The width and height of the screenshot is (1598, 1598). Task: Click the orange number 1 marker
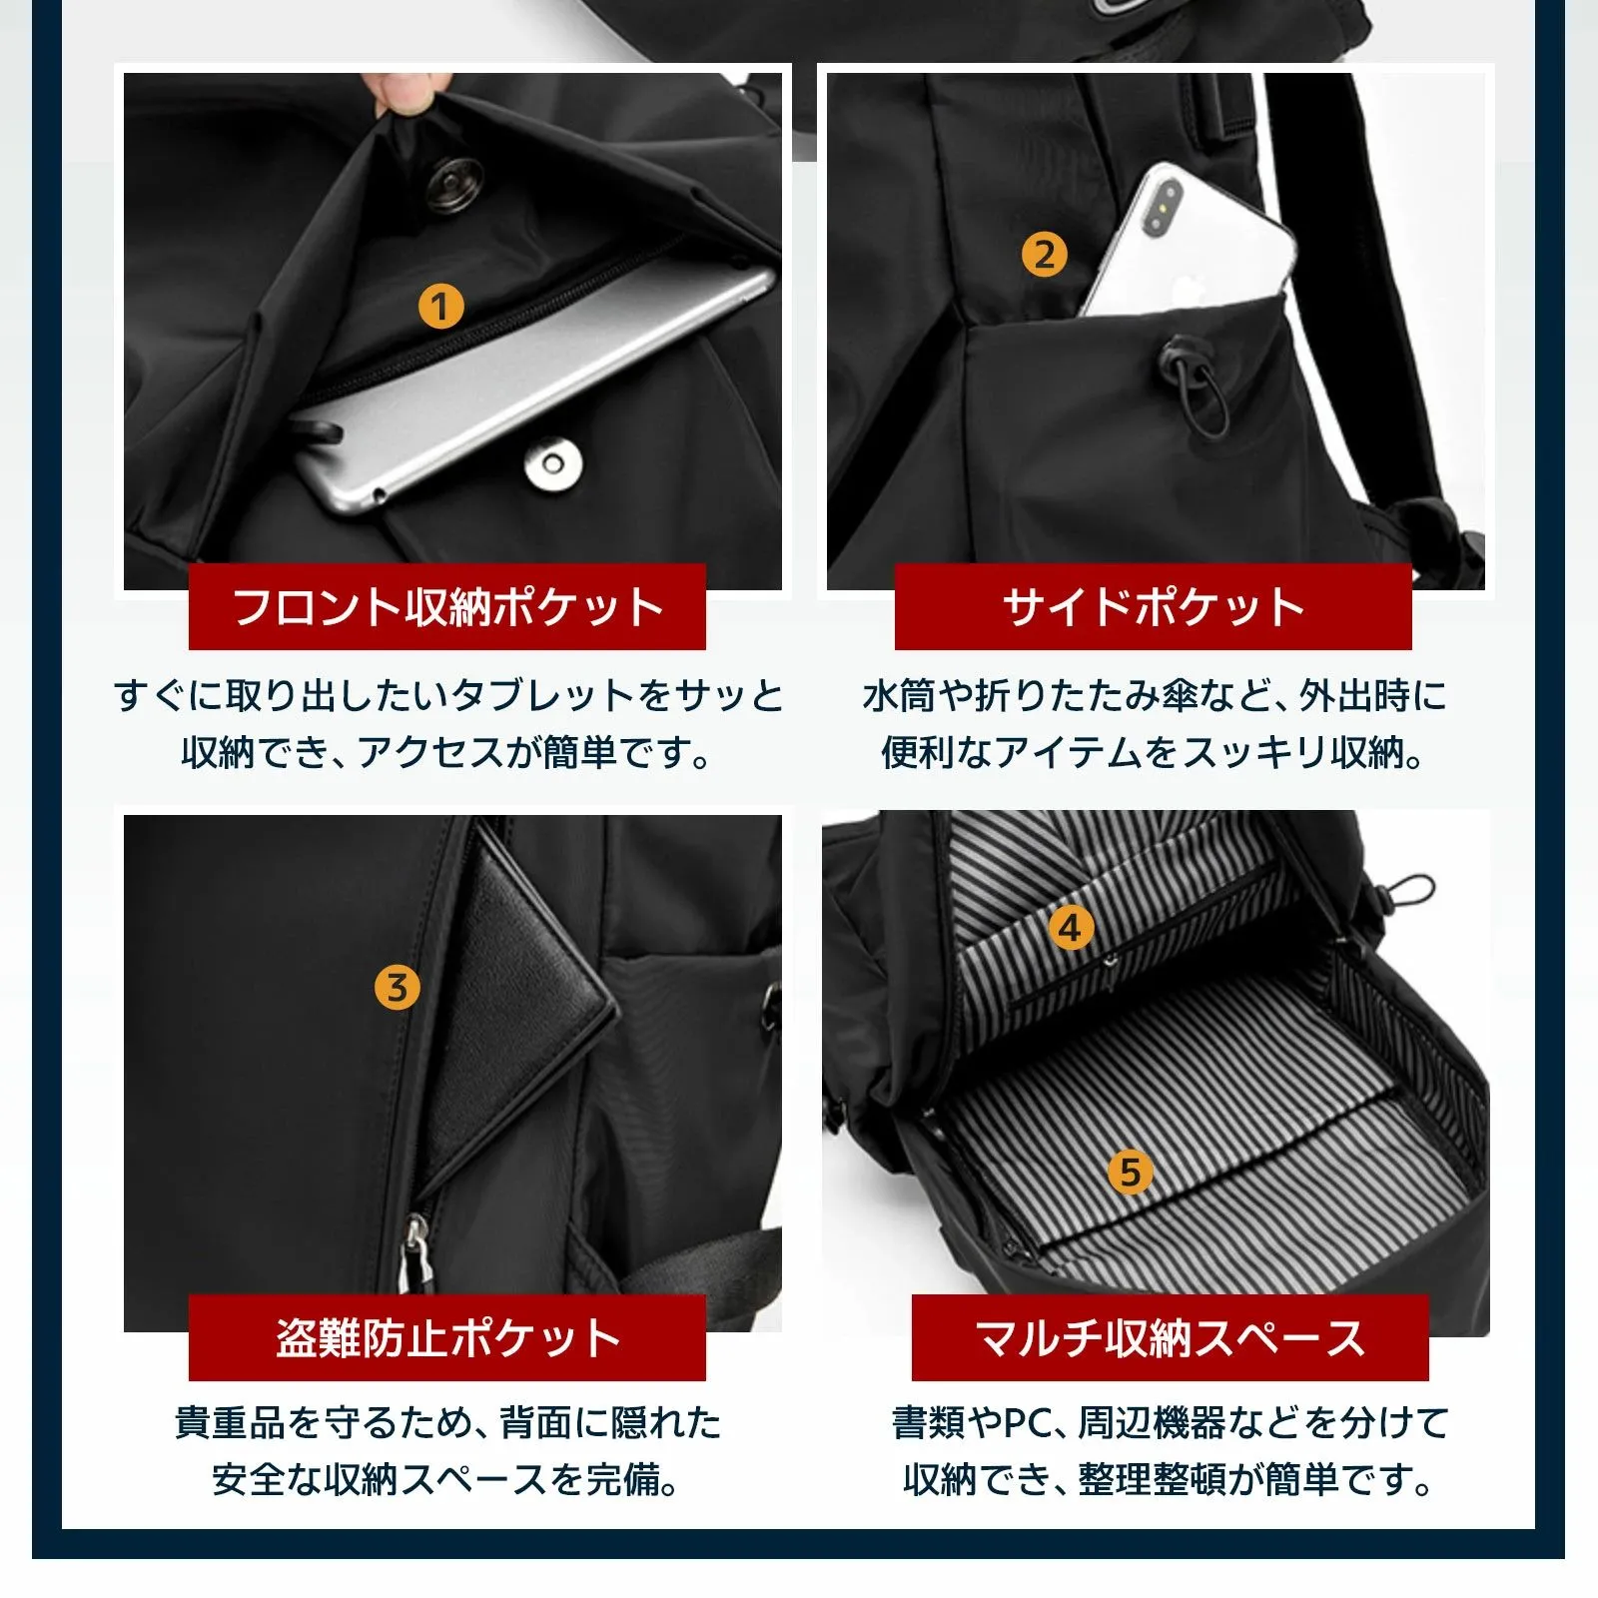440,307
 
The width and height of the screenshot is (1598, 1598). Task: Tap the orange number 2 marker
1044,255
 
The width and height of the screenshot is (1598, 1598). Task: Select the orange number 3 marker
397,988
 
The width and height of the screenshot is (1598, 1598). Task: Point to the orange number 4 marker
1071,928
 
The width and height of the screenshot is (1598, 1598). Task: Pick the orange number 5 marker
1131,1172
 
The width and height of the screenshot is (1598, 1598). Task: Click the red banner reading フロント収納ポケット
447,606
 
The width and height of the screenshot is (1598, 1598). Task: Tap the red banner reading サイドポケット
1154,606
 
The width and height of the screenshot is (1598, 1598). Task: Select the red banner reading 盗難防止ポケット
447,1337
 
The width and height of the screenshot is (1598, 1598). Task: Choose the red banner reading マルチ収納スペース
1170,1337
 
